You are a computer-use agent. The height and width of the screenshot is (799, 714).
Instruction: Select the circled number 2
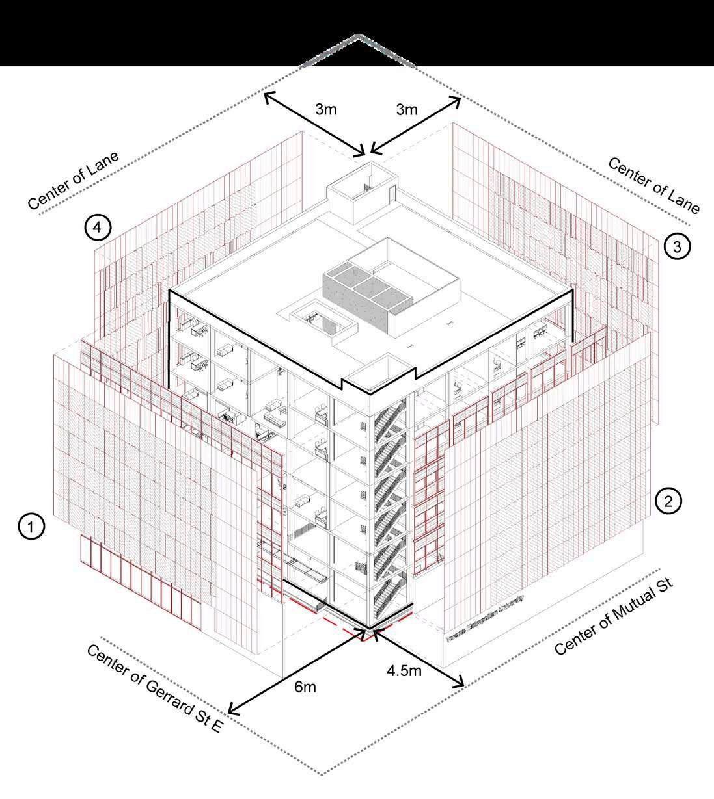click(x=668, y=500)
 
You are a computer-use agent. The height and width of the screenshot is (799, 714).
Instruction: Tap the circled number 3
click(x=677, y=247)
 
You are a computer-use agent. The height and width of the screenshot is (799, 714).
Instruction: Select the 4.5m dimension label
click(x=404, y=670)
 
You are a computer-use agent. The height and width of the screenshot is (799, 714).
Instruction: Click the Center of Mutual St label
click(x=614, y=618)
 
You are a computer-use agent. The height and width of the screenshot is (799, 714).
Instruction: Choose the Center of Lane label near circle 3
click(x=653, y=185)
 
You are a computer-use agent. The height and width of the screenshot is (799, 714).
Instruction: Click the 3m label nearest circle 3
click(x=407, y=109)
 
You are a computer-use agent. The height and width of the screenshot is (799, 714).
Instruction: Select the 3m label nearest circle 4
click(x=326, y=109)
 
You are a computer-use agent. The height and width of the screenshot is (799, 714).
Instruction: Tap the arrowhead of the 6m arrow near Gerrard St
click(x=232, y=709)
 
